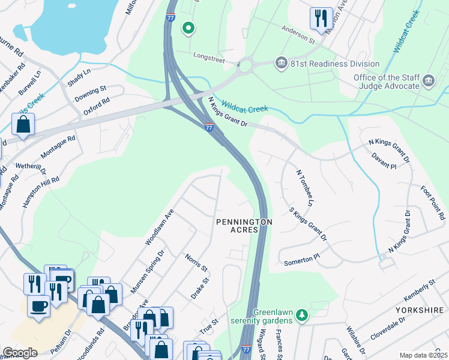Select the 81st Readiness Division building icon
point(280,64)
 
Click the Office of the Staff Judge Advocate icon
point(429,81)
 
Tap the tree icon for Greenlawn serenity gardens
point(304,315)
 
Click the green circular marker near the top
point(188,28)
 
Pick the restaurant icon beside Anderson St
point(321,18)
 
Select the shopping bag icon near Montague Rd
point(23,125)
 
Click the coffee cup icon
point(39,305)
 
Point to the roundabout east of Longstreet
point(245,65)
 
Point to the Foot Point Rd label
point(432,202)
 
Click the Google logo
point(20,353)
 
